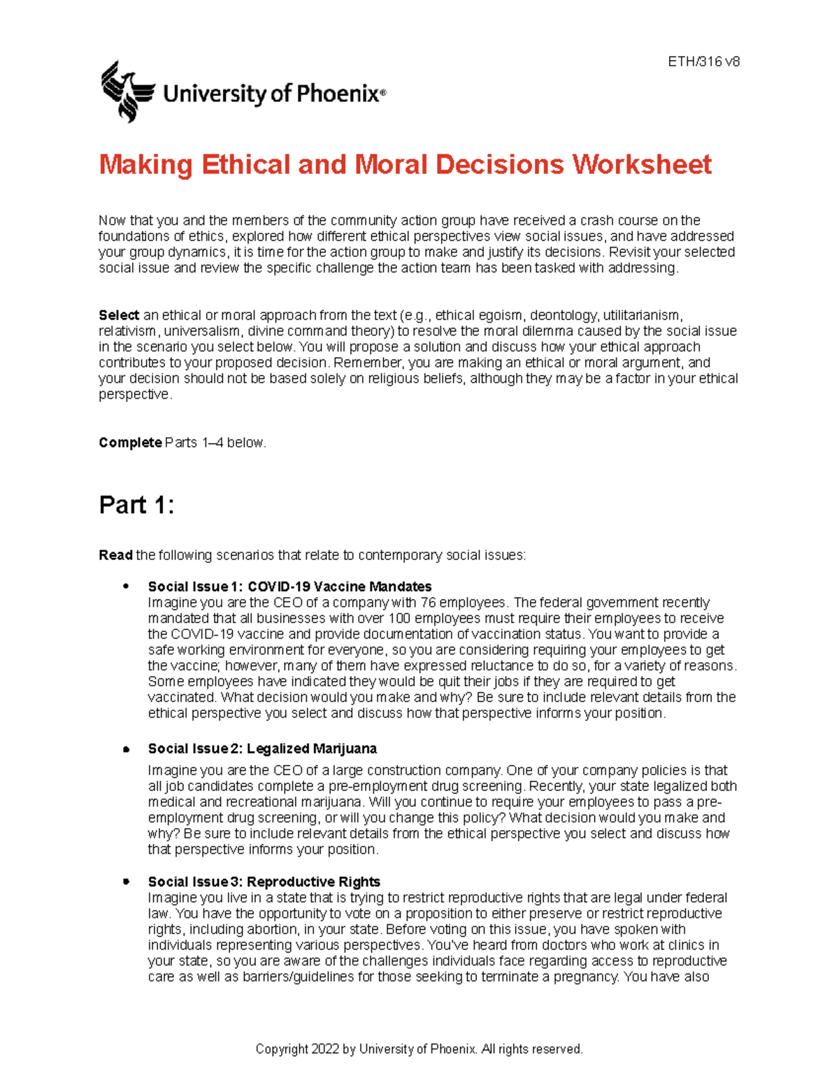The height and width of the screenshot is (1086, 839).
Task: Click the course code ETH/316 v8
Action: coord(703,62)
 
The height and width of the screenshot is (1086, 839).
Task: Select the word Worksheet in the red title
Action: coord(642,165)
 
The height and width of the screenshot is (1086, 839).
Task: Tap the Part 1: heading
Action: coord(136,505)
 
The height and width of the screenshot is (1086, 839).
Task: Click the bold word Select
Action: coord(119,315)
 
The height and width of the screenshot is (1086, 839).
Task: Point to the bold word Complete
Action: coord(130,443)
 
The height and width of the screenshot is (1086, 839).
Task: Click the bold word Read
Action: coord(115,555)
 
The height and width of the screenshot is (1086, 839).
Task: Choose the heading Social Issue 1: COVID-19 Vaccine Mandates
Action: coord(289,587)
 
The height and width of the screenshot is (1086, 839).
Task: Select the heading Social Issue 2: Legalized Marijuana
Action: coord(262,749)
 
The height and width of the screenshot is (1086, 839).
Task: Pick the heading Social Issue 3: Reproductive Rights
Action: coord(264,882)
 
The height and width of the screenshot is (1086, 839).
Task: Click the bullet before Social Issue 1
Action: coord(127,586)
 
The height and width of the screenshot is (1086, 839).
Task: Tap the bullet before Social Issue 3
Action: coord(127,881)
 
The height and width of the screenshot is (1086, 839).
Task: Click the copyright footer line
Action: coord(419,1049)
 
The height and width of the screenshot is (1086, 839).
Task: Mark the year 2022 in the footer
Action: coord(325,1049)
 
